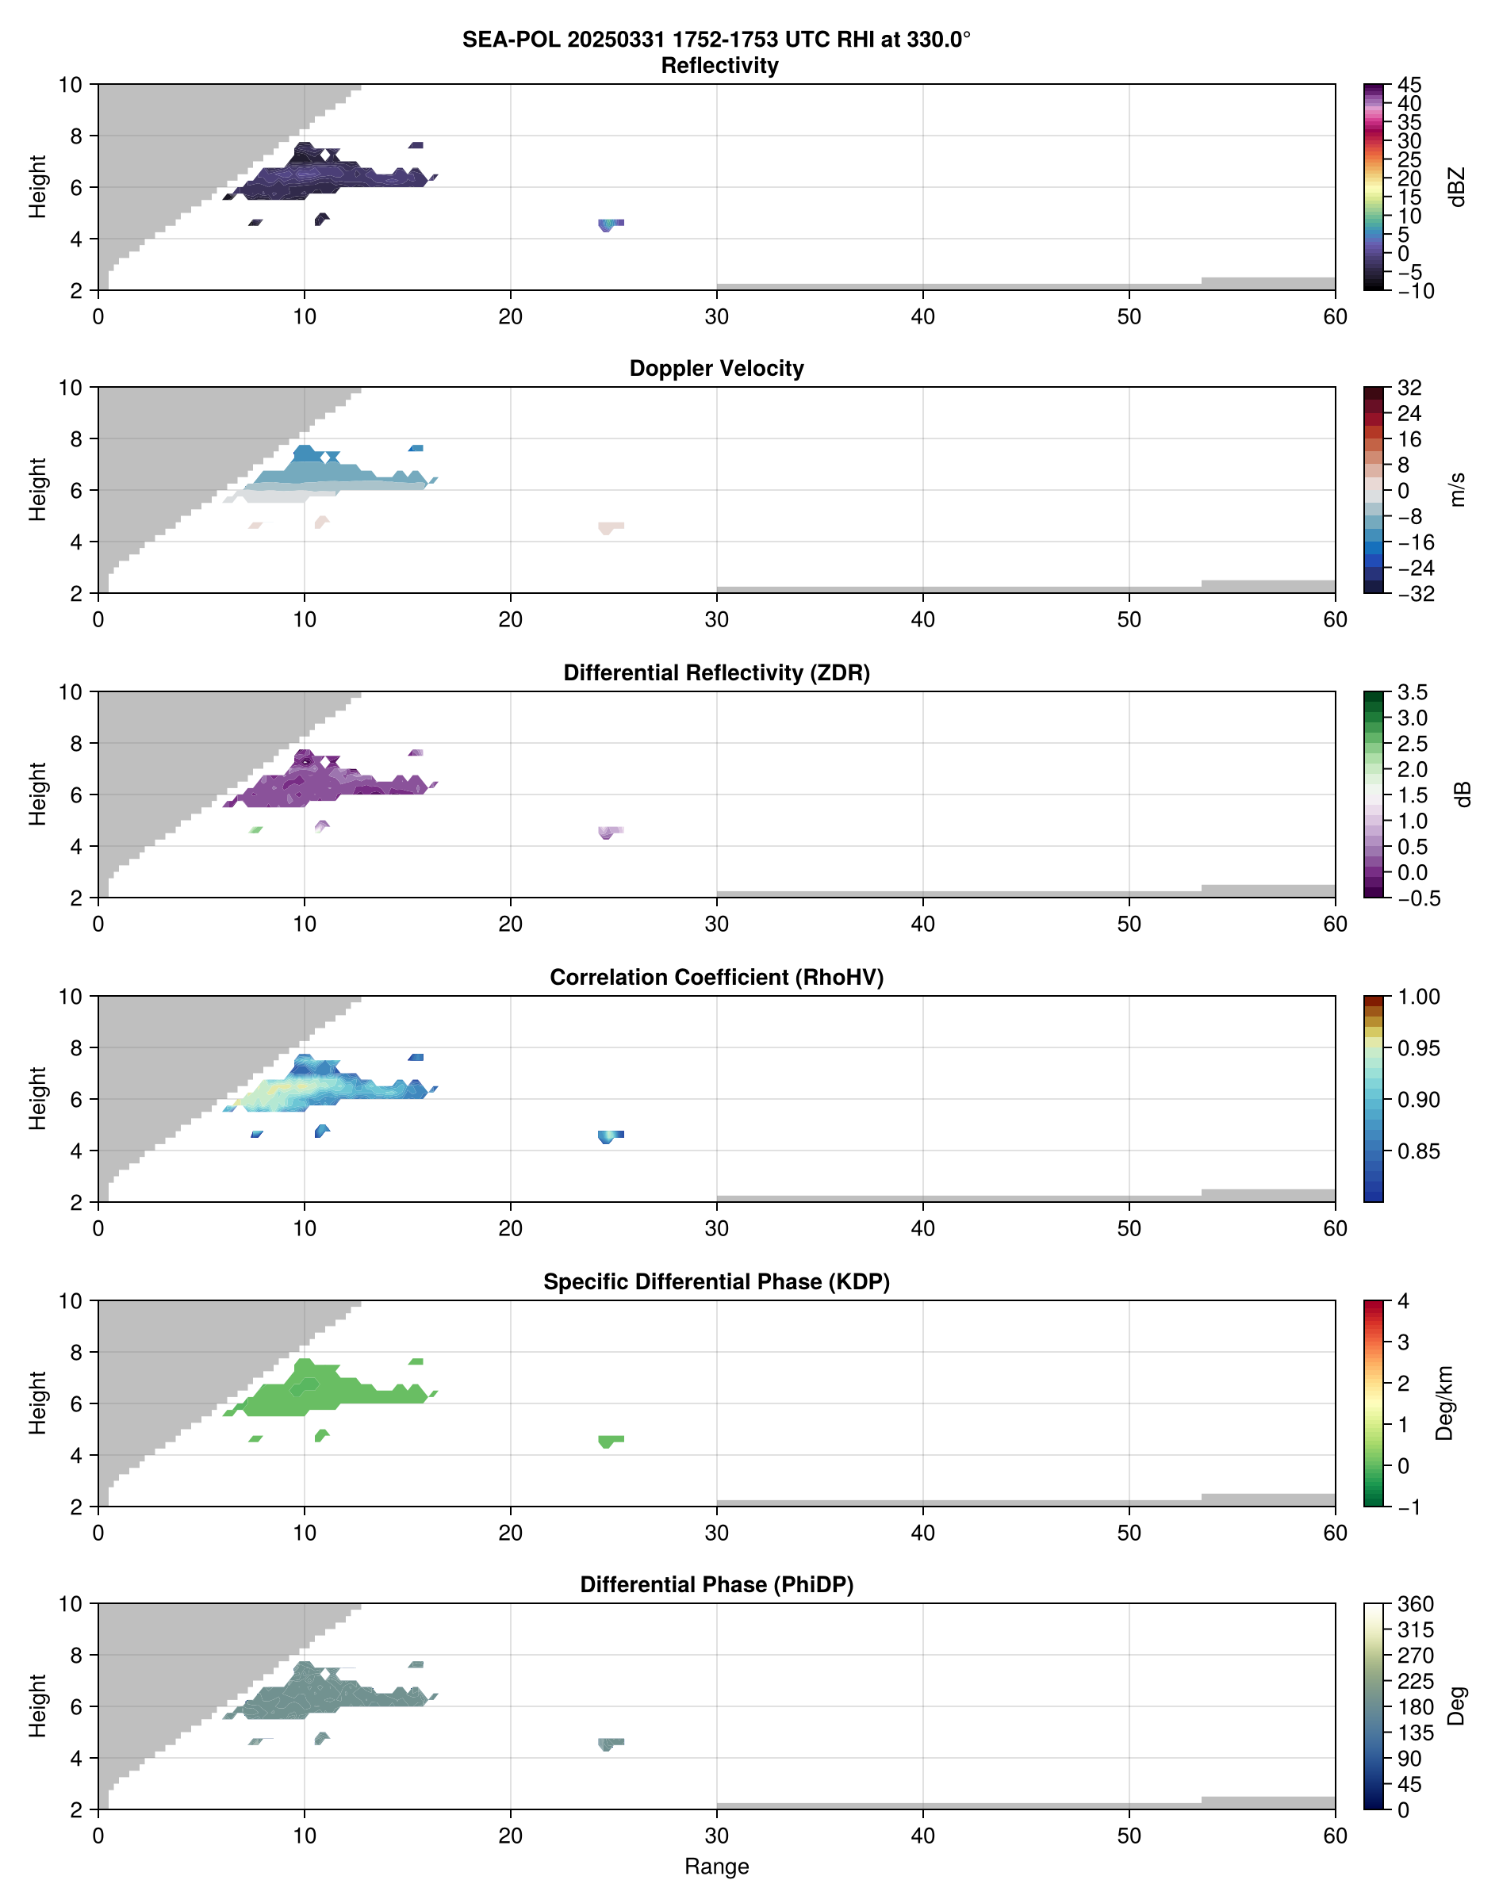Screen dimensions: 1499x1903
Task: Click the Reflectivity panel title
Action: point(719,66)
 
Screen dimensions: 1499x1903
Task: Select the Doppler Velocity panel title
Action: point(716,369)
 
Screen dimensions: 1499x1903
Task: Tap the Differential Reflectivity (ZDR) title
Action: point(716,673)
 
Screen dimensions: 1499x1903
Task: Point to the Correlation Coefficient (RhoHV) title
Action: point(716,978)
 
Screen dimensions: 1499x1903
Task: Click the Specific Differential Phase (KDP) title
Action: point(716,1282)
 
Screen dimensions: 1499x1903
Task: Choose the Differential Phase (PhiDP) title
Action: point(716,1584)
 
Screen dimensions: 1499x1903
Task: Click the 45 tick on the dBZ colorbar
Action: point(1409,85)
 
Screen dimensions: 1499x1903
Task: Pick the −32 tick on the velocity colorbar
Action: point(1416,594)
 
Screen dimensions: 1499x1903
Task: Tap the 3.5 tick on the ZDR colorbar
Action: point(1412,692)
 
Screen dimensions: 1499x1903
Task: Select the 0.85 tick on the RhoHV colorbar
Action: point(1418,1151)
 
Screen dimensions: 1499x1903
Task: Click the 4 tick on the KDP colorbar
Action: point(1403,1301)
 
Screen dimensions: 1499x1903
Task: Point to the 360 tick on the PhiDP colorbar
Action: point(1416,1605)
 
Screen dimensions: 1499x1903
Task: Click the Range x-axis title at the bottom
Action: point(716,1867)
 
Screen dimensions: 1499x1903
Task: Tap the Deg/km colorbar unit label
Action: point(1444,1403)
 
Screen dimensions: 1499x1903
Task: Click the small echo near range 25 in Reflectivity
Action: point(611,224)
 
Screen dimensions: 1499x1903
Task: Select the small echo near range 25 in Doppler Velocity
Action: point(611,527)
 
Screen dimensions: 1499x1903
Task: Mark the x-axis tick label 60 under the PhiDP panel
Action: point(1335,1836)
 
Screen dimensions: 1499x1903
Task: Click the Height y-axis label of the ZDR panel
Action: point(36,794)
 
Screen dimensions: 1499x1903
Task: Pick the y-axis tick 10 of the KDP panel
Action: point(71,1301)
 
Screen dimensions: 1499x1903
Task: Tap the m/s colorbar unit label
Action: point(1457,489)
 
